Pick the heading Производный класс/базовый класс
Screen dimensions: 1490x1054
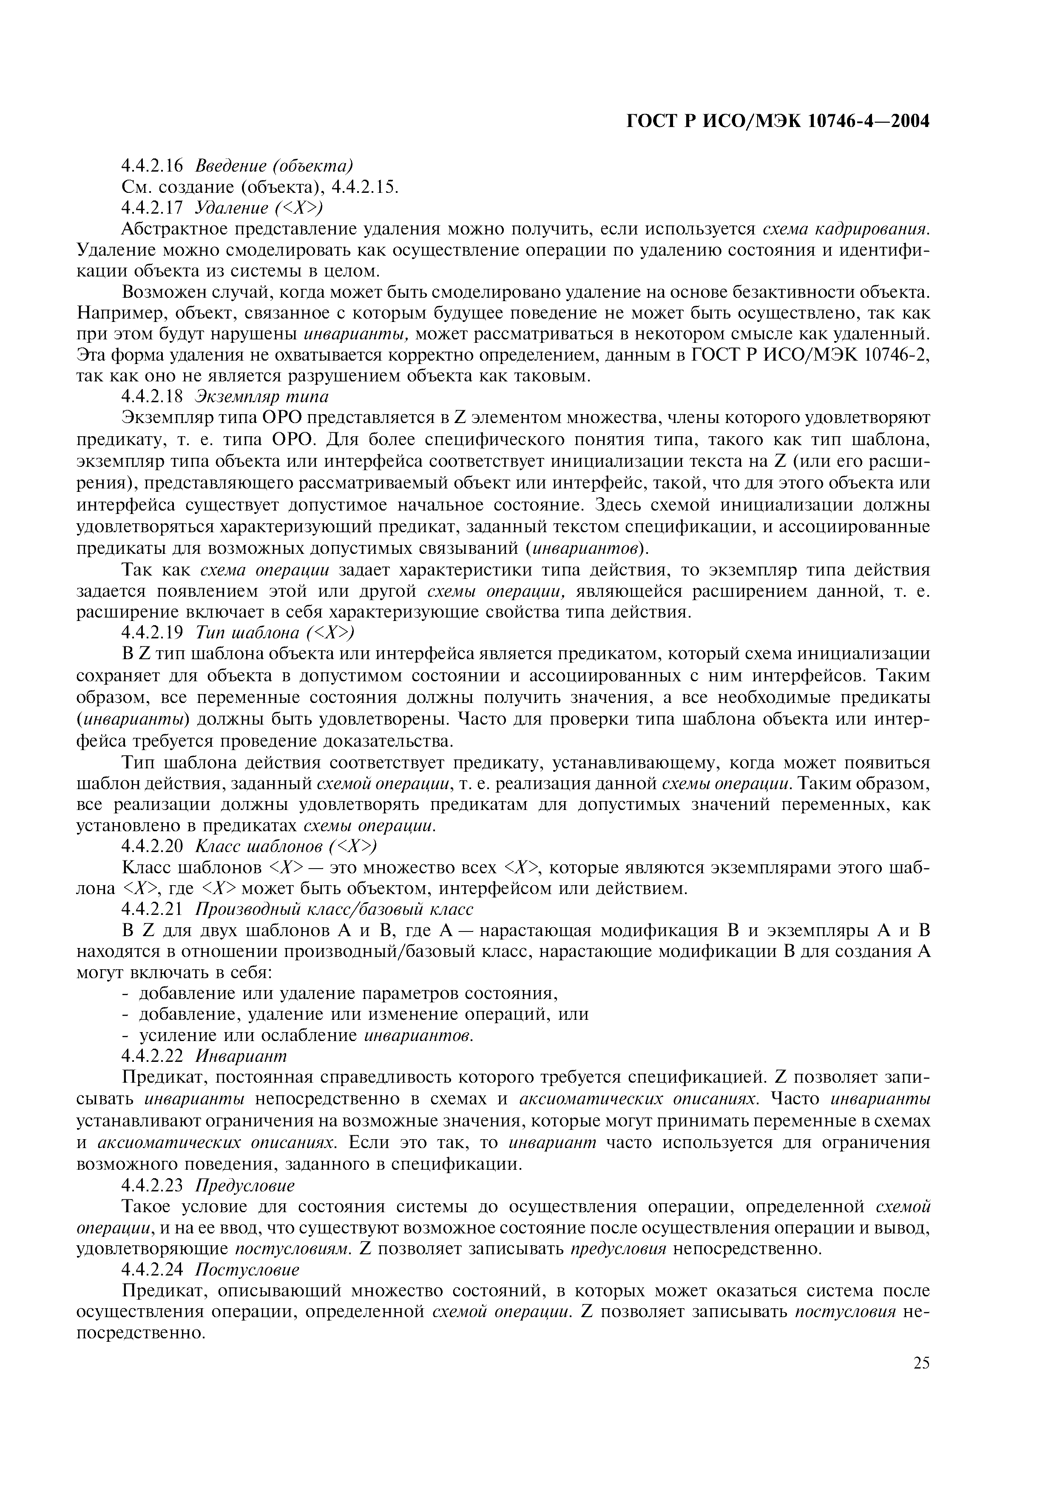(334, 909)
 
